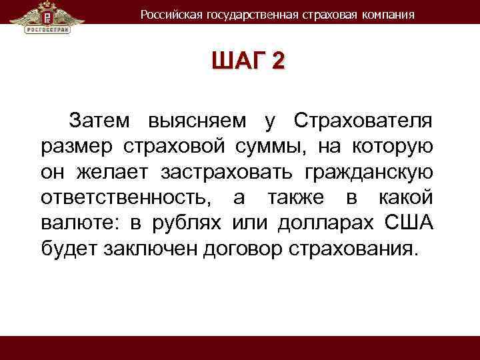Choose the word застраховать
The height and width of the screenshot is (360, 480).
click(x=227, y=173)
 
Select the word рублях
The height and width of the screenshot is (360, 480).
click(x=189, y=223)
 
